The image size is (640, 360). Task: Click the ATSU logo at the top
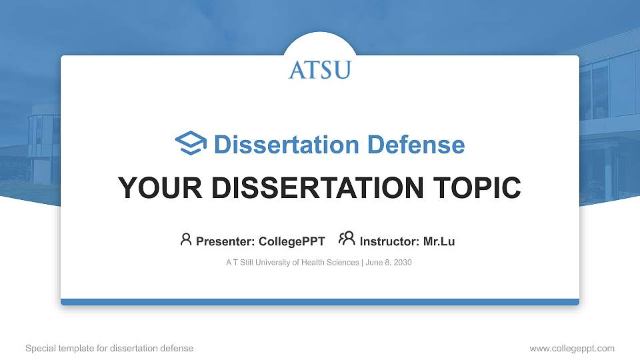[x=319, y=69]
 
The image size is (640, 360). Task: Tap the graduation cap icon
[x=191, y=144]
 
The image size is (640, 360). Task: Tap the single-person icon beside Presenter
[x=186, y=239]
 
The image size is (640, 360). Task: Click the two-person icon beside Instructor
[x=347, y=239]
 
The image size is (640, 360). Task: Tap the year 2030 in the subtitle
[x=403, y=263]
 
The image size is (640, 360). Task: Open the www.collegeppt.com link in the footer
[x=571, y=348]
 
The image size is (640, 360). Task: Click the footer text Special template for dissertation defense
[x=109, y=348]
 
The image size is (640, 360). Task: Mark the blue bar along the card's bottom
[x=319, y=302]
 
